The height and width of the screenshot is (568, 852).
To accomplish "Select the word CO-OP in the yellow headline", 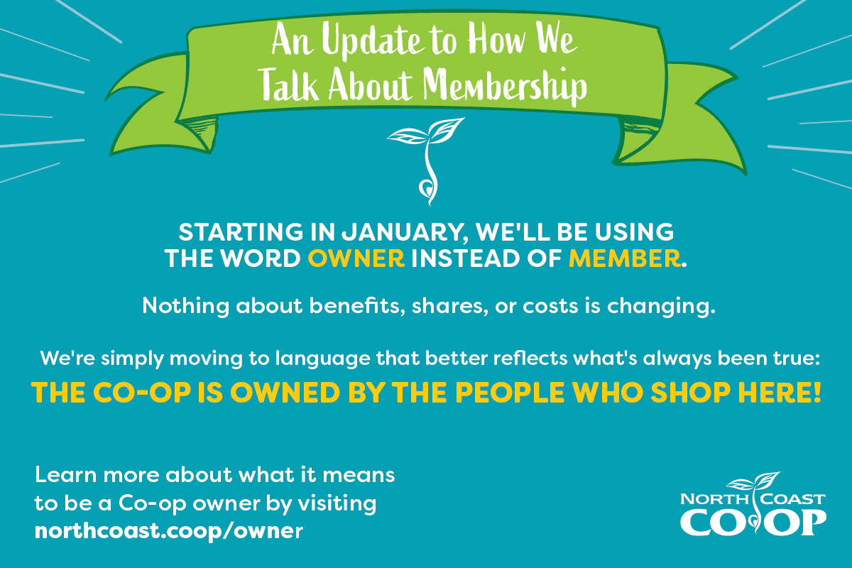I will (x=147, y=393).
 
